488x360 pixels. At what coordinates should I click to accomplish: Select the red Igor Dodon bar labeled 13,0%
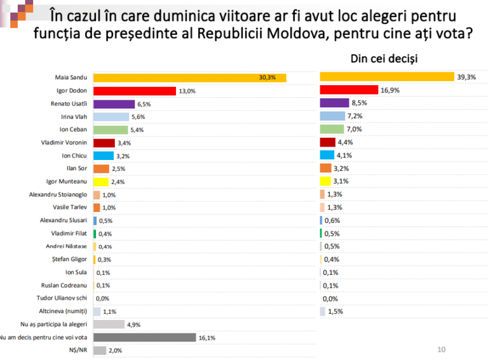pos(134,91)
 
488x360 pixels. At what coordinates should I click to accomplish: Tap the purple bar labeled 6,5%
pos(114,104)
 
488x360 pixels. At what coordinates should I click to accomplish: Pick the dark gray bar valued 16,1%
pos(144,337)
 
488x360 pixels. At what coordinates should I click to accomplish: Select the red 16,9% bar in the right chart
pos(349,90)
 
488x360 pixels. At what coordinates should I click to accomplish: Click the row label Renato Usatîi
pos(69,104)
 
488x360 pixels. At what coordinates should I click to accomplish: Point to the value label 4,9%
pos(133,325)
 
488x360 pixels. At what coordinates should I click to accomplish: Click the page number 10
pos(442,349)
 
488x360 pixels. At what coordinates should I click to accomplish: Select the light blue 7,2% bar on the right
pos(332,116)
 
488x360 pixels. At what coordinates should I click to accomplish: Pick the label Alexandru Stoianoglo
pos(58,194)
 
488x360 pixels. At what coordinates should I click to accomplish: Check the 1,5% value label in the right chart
pos(335,312)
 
